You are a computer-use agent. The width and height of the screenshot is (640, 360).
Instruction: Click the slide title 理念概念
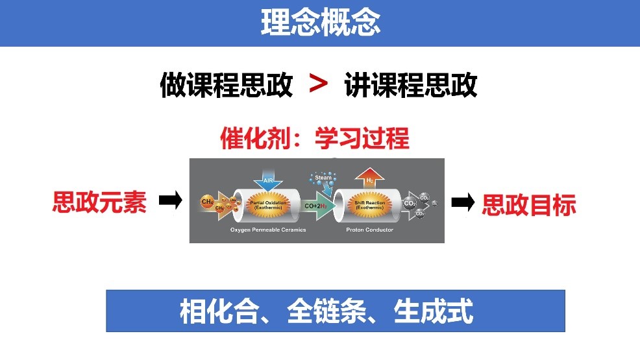pos(320,23)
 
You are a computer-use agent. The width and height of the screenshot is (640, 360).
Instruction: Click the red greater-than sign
pos(318,84)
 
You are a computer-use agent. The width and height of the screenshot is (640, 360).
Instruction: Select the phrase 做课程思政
pos(226,85)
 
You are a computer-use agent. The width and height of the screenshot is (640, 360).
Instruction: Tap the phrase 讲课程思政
pos(411,85)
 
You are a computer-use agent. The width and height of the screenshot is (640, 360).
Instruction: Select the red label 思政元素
pos(99,202)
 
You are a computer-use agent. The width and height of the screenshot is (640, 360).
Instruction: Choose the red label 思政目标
pos(529,205)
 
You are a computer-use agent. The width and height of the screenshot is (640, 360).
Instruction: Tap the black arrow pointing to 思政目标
pos(463,204)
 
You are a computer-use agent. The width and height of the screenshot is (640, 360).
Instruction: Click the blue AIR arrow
pos(268,180)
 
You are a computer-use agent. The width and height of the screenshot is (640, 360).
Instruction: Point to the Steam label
pos(323,177)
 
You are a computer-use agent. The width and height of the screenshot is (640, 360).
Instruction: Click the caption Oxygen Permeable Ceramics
pos(267,230)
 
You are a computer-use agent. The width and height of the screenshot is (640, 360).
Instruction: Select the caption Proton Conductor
pos(369,230)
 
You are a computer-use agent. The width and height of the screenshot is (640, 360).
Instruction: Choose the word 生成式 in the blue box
pos(434,312)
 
